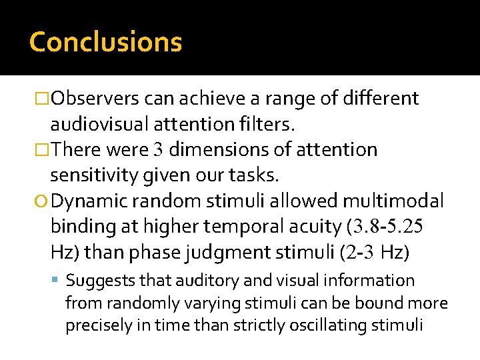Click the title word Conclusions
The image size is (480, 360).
pos(105,42)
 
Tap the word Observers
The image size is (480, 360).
pos(95,99)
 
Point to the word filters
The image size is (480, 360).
pos(271,125)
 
